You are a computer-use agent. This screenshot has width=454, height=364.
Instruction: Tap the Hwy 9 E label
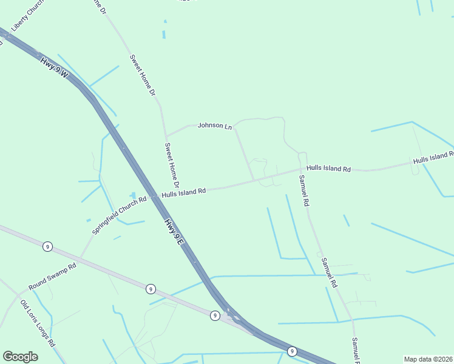[x=174, y=232]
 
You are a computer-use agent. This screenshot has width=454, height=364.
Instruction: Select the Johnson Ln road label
[x=215, y=126]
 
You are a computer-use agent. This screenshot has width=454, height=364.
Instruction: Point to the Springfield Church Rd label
[x=120, y=215]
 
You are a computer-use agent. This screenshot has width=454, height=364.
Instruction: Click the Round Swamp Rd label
[x=52, y=277]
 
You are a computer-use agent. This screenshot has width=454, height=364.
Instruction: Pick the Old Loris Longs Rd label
[x=38, y=323]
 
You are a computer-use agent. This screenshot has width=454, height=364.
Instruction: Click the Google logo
[x=20, y=357]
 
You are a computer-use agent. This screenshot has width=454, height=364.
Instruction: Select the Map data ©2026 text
[x=429, y=359]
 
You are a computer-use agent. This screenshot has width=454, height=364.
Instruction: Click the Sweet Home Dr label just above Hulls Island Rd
[x=172, y=165]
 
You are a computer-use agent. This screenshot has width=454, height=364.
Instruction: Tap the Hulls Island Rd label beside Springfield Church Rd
[x=183, y=192]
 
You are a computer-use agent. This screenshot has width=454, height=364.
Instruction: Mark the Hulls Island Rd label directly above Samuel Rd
[x=328, y=168]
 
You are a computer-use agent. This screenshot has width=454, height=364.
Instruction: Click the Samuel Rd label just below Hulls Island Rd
[x=304, y=190]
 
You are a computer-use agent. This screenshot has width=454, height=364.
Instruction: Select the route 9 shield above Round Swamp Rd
[x=47, y=246]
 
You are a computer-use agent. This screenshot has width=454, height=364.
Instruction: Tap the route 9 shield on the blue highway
[x=292, y=351]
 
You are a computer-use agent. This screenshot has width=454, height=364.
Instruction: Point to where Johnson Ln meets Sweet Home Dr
[x=166, y=136]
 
